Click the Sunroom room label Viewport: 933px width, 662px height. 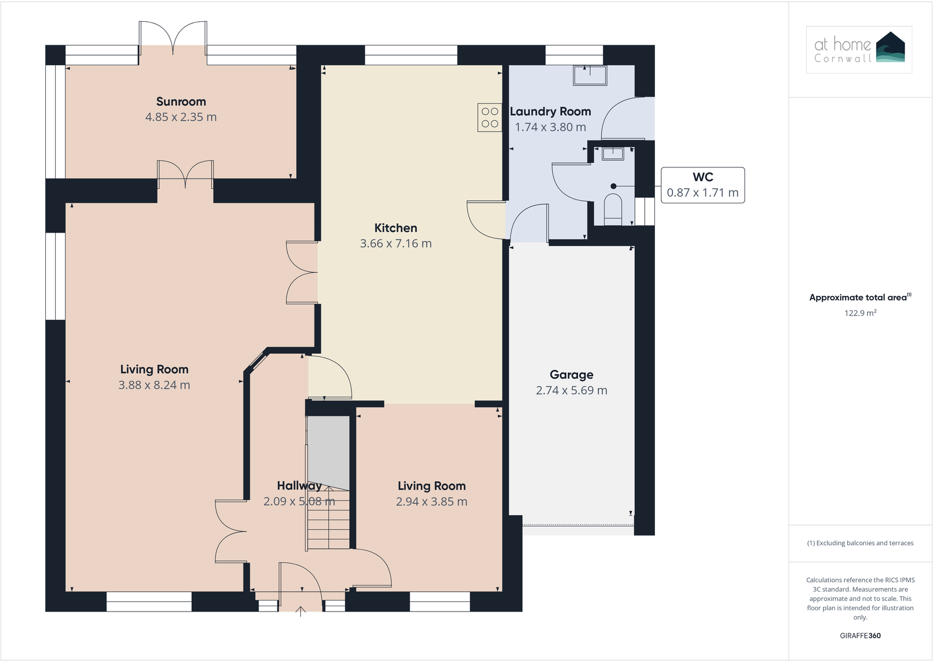[x=181, y=102]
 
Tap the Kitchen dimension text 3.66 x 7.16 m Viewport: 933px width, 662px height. [x=395, y=244]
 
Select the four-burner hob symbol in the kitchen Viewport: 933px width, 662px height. [x=489, y=117]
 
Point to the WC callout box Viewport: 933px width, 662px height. [x=702, y=185]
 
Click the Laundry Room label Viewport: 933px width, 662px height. [x=550, y=112]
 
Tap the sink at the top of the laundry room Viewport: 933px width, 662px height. [x=590, y=76]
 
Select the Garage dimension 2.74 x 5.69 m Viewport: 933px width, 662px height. [x=571, y=391]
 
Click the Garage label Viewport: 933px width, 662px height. [x=571, y=375]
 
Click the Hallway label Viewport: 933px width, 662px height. [x=299, y=486]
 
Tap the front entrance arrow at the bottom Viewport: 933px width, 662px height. [x=300, y=611]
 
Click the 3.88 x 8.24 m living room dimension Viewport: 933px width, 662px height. [x=154, y=385]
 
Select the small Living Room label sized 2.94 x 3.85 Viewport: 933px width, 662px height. [x=431, y=486]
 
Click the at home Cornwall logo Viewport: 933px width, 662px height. [x=859, y=49]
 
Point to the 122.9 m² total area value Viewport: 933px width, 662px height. [x=860, y=313]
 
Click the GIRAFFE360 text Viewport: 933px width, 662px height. [x=860, y=636]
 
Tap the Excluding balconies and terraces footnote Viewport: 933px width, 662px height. [x=860, y=543]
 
